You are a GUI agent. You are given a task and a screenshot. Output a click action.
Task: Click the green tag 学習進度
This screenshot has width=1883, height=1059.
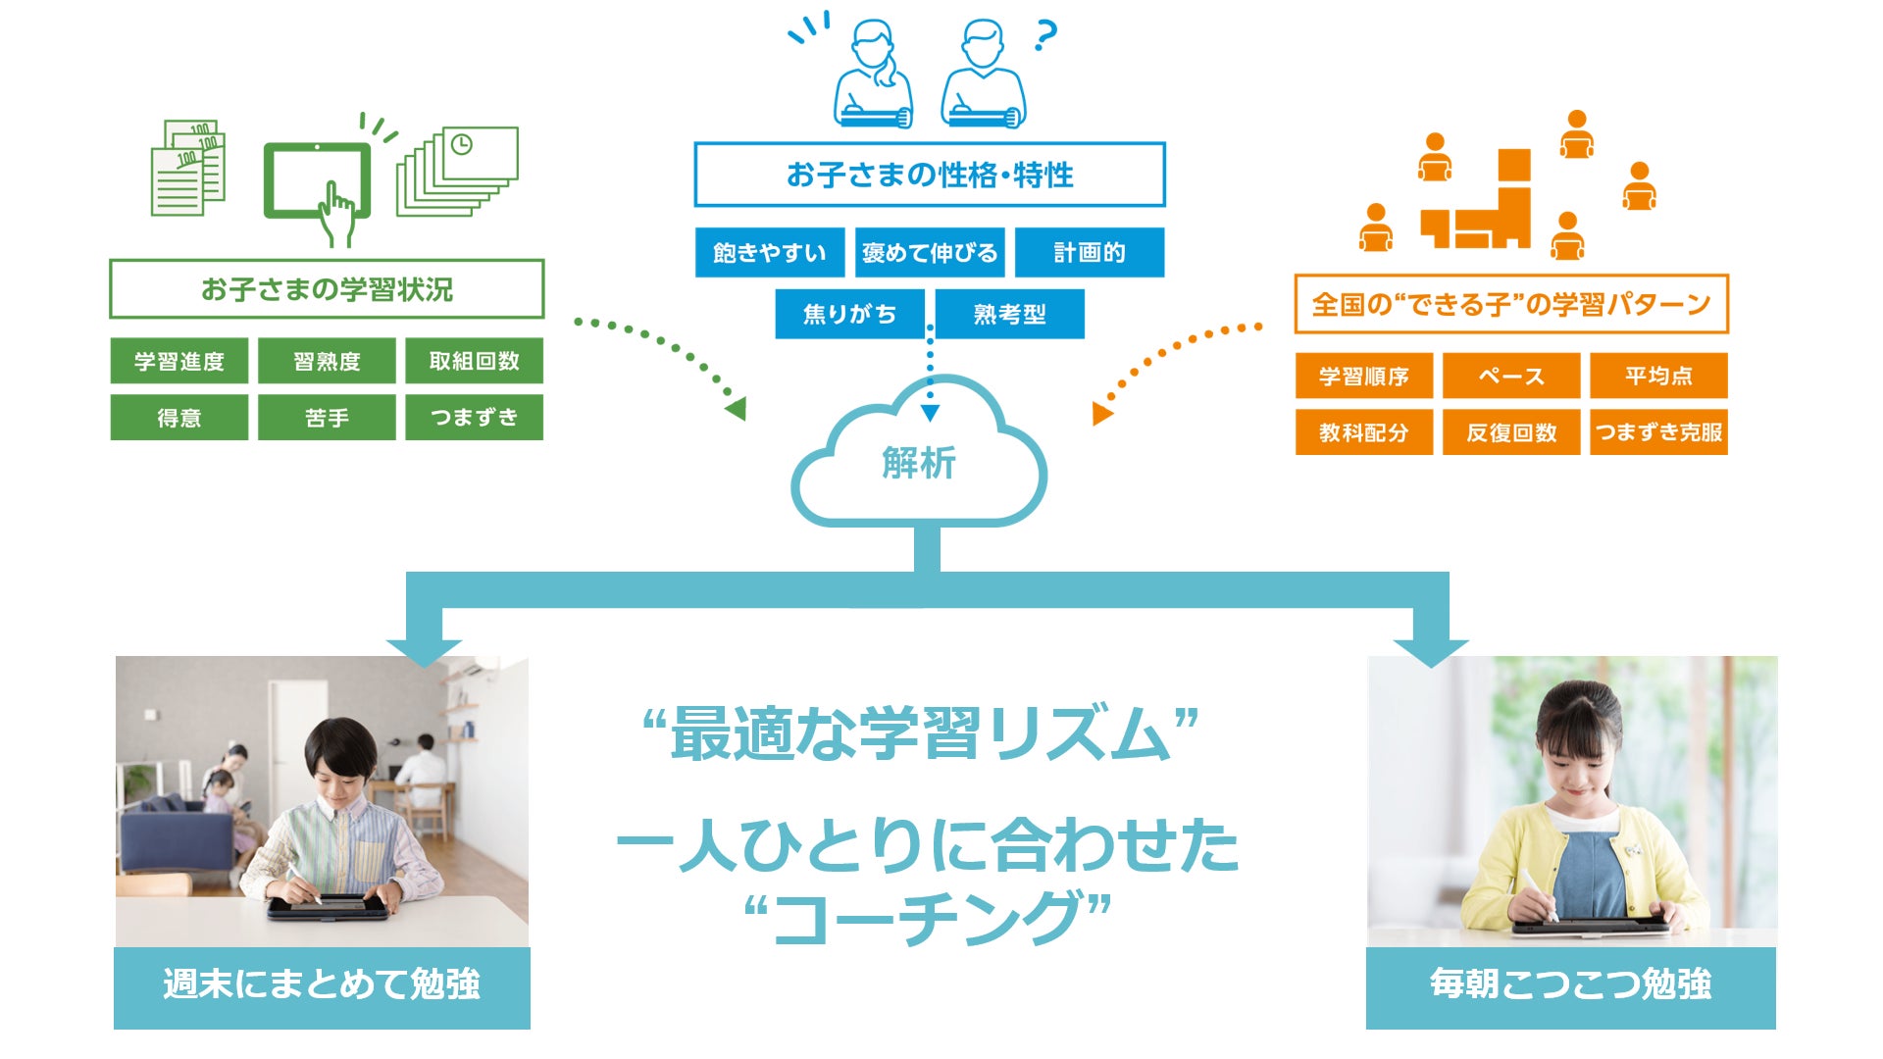point(178,361)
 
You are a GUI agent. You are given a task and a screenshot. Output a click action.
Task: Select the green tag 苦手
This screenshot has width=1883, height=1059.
point(327,418)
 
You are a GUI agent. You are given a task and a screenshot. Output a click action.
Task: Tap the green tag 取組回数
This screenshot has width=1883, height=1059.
point(474,361)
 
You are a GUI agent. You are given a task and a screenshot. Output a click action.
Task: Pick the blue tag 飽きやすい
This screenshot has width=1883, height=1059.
point(769,253)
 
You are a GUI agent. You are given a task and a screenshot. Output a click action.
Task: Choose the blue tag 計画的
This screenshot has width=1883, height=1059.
point(1089,253)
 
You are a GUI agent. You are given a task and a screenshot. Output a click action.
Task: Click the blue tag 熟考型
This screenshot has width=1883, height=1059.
point(1009,314)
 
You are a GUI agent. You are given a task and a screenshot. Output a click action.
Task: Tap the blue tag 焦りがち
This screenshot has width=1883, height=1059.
point(849,314)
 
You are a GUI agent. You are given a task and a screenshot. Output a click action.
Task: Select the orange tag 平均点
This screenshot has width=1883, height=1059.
point(1657,376)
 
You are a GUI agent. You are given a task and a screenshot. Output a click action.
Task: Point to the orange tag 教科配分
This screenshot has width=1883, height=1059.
point(1363,432)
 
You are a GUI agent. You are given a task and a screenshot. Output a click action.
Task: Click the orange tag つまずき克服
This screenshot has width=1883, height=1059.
point(1657,432)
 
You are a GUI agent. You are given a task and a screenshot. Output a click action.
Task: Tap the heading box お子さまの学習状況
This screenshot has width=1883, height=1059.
point(327,289)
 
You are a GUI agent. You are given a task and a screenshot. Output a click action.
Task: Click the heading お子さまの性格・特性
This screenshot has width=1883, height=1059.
point(930,175)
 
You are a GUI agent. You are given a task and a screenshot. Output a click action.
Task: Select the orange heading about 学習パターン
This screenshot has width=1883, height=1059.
point(1510,304)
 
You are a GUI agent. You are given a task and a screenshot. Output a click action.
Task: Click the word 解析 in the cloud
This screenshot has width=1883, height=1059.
point(918,463)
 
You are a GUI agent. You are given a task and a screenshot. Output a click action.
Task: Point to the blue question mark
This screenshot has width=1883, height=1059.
point(1045,36)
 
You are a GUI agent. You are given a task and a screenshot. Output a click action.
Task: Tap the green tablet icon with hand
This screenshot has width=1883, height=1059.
point(319,186)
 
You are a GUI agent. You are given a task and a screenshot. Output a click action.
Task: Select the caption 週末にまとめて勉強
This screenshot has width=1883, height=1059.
point(322,984)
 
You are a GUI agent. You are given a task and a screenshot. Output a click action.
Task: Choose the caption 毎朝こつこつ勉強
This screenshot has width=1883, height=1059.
point(1570,984)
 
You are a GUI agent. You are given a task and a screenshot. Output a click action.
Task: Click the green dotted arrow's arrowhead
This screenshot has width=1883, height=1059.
point(737,408)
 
